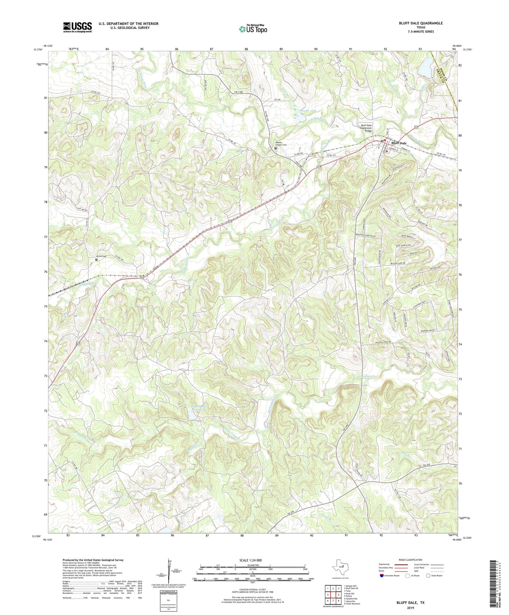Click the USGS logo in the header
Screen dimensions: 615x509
pyautogui.click(x=77, y=27)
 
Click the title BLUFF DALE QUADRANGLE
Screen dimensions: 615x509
pyautogui.click(x=421, y=23)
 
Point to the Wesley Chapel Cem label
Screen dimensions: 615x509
pyautogui.click(x=281, y=144)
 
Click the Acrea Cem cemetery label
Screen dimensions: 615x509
pyautogui.click(x=101, y=256)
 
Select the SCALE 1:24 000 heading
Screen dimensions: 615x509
pyautogui.click(x=251, y=560)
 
